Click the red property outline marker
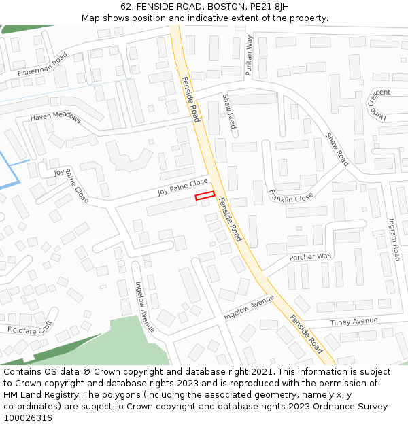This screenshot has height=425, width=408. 205,197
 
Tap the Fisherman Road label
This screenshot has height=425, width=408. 43,63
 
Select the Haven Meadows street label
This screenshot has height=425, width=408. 55,118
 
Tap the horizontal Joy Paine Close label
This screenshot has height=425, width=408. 183,187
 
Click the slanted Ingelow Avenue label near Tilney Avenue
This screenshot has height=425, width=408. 249,307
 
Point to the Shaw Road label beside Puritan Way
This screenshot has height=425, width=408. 229,112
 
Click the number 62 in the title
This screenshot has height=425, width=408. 126,6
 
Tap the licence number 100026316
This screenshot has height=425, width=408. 28,418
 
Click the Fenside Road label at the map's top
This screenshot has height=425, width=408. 190,99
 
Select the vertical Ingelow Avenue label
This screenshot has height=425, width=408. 146,307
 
